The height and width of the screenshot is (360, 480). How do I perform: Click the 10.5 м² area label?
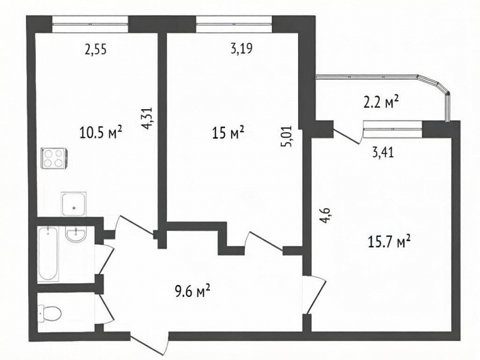(x=101, y=133)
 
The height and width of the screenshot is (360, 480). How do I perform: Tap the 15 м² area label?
(x=228, y=133)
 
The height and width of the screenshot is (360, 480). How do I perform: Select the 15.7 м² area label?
(x=389, y=242)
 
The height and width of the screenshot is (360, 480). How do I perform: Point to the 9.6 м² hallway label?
(x=193, y=291)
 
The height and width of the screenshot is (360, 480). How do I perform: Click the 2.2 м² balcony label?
(x=381, y=102)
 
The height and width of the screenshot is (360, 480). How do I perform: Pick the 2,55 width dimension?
(x=96, y=49)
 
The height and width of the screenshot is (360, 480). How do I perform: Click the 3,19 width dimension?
(x=242, y=49)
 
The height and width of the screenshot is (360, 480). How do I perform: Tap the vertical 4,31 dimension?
(x=147, y=118)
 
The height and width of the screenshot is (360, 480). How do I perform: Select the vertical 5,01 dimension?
(x=287, y=137)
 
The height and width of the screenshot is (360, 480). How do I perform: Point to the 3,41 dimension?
(x=383, y=152)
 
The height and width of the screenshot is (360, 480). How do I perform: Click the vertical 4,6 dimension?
(x=325, y=216)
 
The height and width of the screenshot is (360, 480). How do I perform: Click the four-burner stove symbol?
(x=54, y=158)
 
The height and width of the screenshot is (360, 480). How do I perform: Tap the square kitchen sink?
(x=73, y=203)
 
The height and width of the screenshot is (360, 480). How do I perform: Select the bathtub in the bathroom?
(x=49, y=254)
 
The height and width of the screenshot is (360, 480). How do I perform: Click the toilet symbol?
(x=50, y=313)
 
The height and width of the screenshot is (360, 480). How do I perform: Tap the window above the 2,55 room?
(x=90, y=24)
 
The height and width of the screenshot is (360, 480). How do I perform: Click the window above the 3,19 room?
(x=234, y=24)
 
